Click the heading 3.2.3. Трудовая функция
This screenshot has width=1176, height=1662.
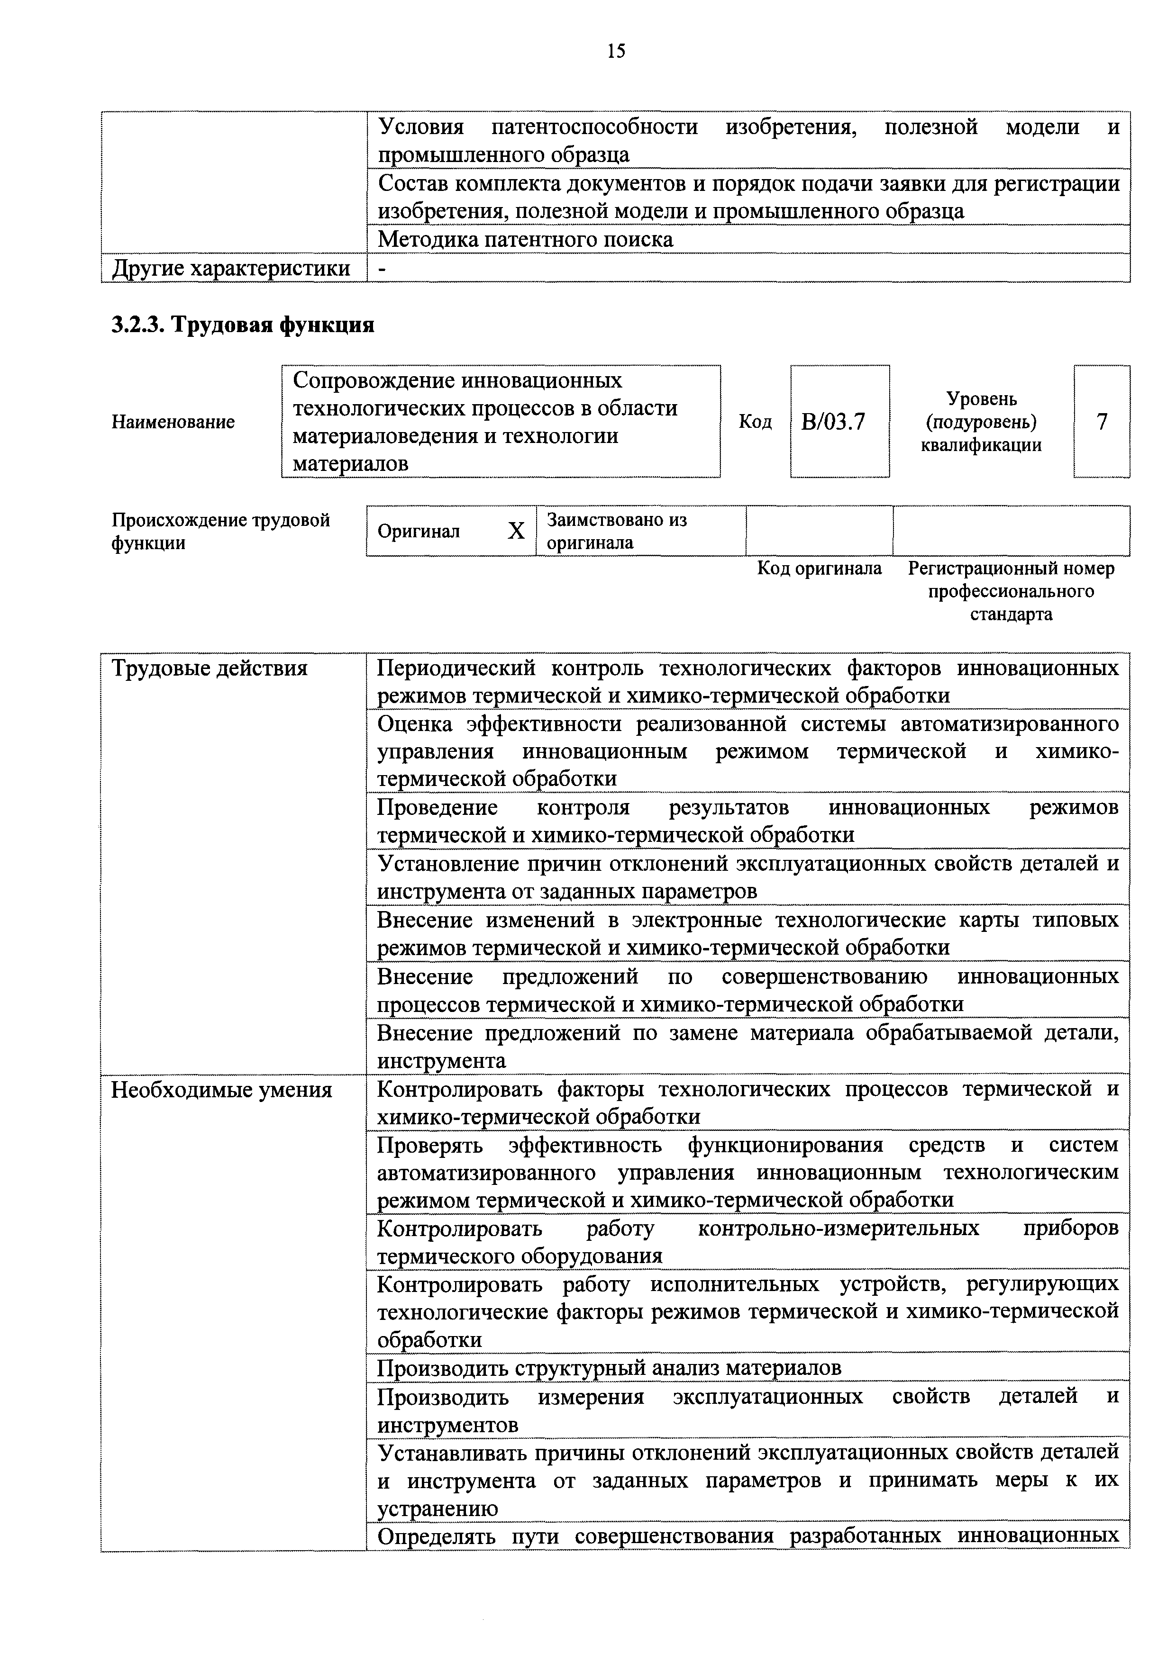point(243,325)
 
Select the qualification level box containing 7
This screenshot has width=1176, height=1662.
point(1102,421)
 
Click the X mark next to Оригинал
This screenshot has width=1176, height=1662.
point(516,531)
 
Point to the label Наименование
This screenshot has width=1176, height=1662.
point(173,422)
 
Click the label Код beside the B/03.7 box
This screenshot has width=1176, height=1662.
point(755,421)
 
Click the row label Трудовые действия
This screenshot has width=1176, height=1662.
point(210,668)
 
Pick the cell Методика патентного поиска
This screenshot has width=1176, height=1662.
point(526,240)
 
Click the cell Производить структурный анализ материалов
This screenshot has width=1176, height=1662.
point(609,1368)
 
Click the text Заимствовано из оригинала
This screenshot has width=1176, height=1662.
point(616,531)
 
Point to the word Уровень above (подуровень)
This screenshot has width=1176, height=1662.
point(981,399)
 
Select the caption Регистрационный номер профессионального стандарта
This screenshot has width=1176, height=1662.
point(1011,591)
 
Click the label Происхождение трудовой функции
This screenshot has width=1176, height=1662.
point(220,531)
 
